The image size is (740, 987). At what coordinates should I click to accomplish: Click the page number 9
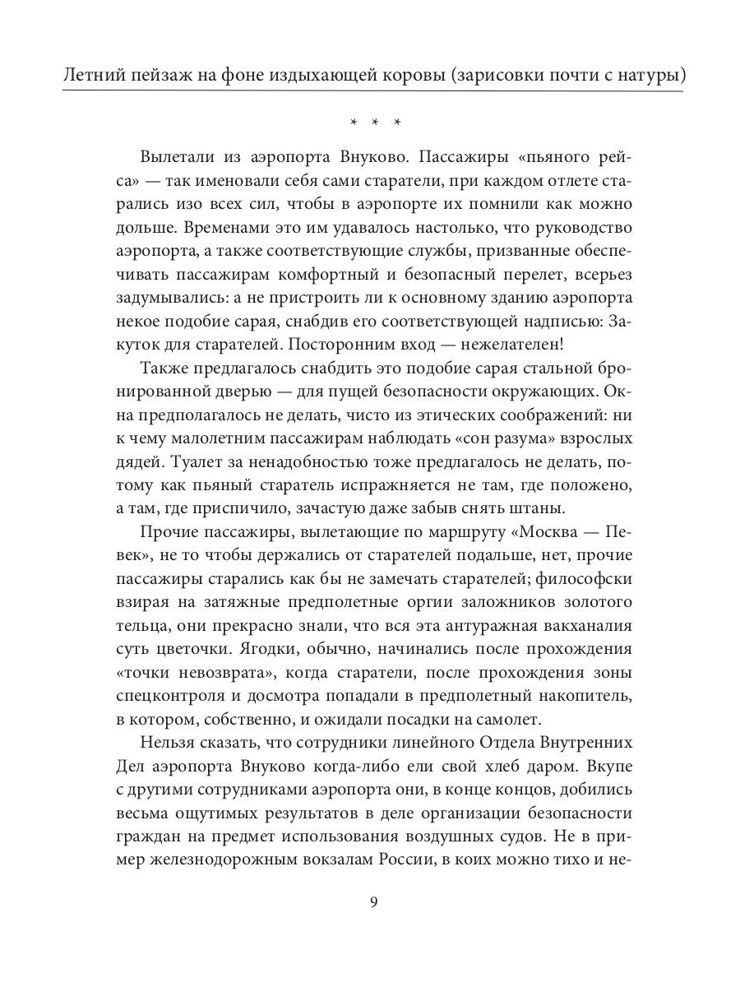(374, 901)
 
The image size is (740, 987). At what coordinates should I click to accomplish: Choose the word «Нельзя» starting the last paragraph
(171, 744)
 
